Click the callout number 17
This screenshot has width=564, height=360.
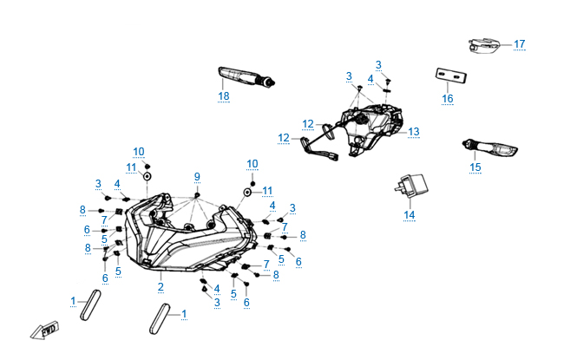tap(520, 43)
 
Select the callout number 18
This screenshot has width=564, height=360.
tap(224, 95)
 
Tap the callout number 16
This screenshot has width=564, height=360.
tap(448, 99)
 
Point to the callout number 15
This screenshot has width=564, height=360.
tap(475, 167)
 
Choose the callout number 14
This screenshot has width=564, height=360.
tap(409, 213)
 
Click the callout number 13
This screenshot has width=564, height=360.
tap(414, 132)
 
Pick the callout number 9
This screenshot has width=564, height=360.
tap(197, 177)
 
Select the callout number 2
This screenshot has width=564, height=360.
tap(161, 286)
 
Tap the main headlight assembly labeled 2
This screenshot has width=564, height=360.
tap(187, 234)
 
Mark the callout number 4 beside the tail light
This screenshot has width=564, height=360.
tap(370, 79)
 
